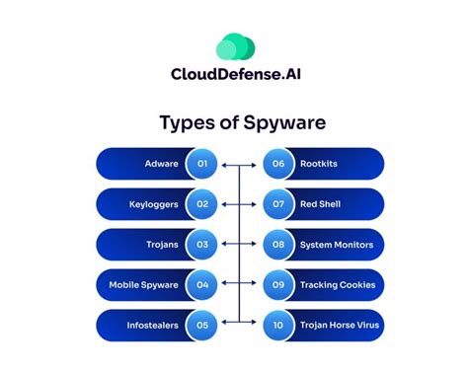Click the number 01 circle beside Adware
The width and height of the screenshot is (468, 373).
(x=202, y=164)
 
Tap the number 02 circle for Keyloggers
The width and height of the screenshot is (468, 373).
(x=202, y=204)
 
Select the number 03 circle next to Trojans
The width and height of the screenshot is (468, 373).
(x=202, y=245)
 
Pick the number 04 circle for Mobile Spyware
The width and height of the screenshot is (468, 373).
(x=202, y=285)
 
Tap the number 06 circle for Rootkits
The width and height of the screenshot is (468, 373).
(x=277, y=164)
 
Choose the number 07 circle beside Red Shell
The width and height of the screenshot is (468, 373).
(x=277, y=204)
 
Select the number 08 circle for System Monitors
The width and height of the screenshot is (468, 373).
(x=277, y=245)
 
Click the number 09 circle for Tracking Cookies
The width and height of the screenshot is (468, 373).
(x=277, y=285)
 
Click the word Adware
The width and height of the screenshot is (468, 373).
(x=161, y=164)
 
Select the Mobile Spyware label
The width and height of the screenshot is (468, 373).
(x=144, y=285)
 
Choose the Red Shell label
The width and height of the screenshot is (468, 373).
(x=320, y=204)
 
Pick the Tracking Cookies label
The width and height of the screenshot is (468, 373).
(x=338, y=285)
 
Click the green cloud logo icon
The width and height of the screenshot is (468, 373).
(x=235, y=45)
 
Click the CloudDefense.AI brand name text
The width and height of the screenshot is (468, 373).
(x=234, y=75)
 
